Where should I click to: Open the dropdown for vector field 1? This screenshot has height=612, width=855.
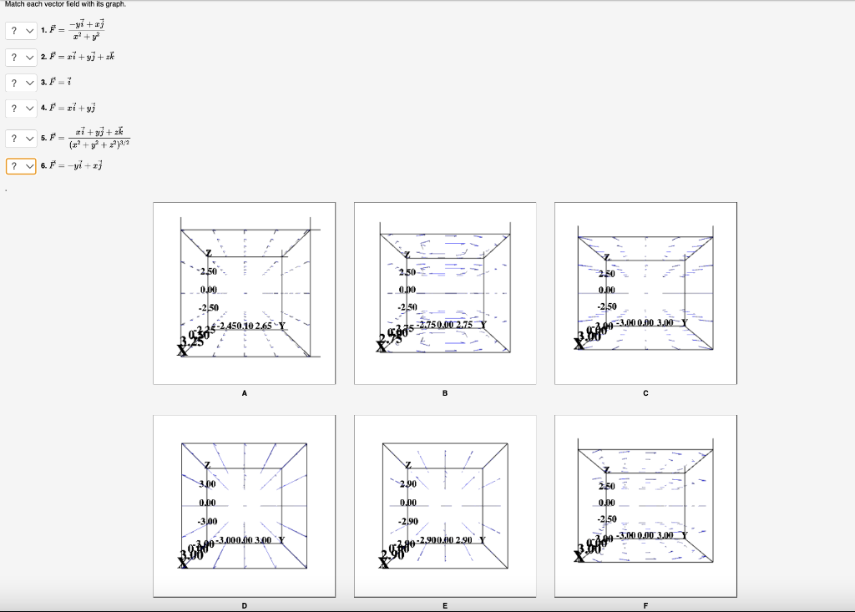21,31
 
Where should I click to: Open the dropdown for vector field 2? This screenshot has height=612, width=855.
21,57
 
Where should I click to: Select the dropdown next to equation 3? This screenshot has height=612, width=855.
21,83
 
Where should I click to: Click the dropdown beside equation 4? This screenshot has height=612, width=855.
21,108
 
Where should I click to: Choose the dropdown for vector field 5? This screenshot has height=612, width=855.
21,138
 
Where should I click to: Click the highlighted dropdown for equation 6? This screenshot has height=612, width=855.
21,166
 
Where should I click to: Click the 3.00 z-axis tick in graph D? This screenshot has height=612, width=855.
207,483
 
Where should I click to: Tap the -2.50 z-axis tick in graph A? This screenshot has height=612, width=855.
207,307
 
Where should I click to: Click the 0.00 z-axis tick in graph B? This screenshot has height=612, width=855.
407,290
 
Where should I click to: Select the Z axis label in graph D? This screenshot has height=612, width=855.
208,464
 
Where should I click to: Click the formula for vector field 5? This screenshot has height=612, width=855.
98,138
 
